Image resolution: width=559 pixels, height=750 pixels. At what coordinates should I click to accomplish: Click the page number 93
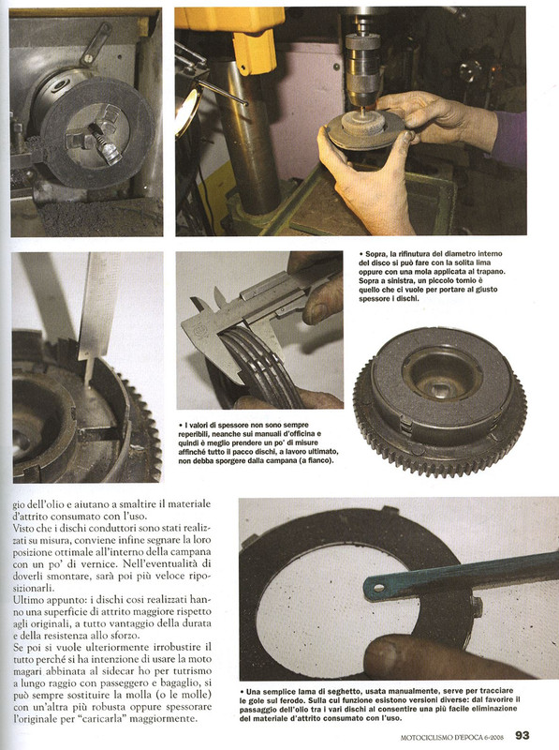pyautogui.click(x=522, y=735)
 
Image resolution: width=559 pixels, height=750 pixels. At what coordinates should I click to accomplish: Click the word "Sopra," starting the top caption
pyautogui.click(x=376, y=253)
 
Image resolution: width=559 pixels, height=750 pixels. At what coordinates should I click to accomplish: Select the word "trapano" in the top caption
pyautogui.click(x=490, y=272)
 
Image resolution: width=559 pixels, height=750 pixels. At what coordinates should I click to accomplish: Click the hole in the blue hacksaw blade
pyautogui.click(x=379, y=587)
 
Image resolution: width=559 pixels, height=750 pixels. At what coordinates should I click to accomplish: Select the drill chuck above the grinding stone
pyautogui.click(x=362, y=65)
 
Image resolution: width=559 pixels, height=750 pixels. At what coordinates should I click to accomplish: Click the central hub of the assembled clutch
pyautogui.click(x=441, y=374)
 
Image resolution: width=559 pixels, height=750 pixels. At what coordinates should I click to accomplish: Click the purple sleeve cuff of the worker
pyautogui.click(x=508, y=140)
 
